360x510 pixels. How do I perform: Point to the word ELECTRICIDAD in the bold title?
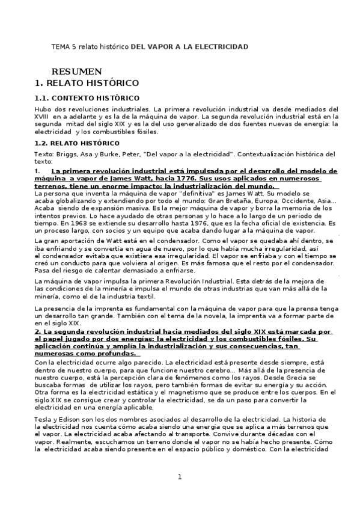pyautogui.click(x=218, y=46)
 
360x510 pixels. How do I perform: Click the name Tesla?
pyautogui.click(x=45, y=418)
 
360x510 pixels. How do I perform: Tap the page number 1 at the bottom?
pyautogui.click(x=180, y=478)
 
